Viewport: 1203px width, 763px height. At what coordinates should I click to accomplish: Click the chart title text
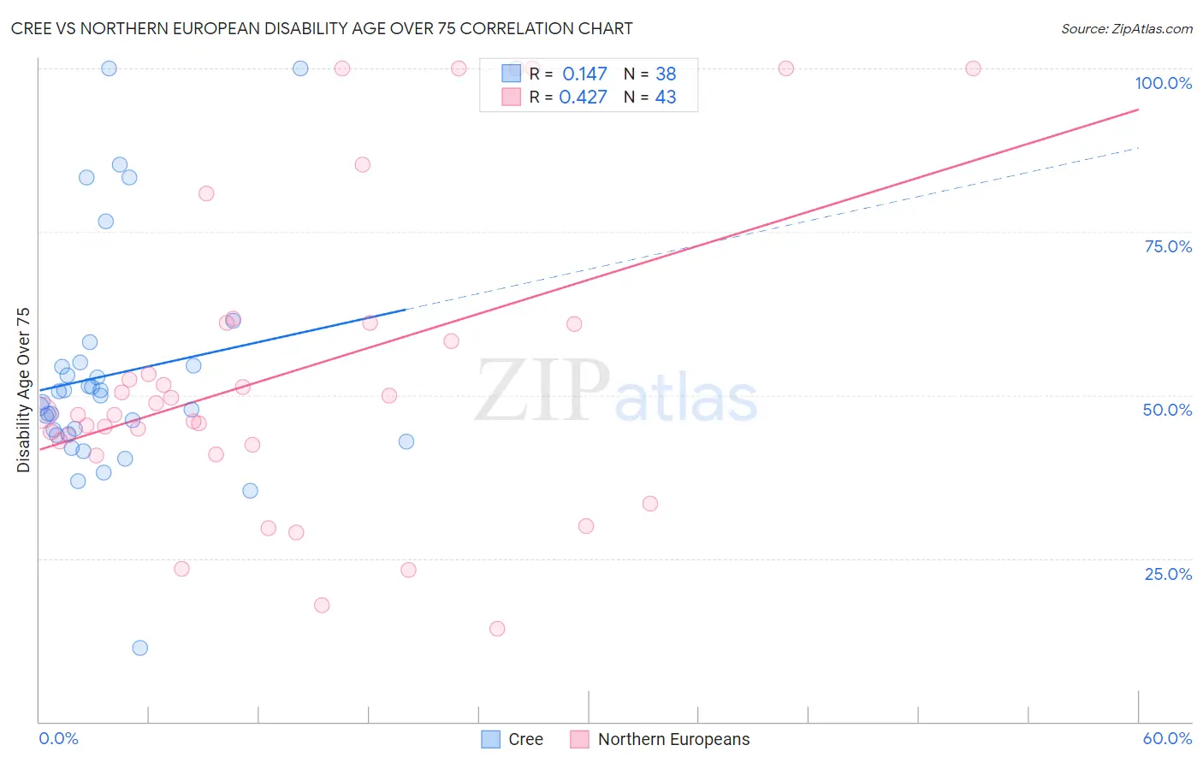322,28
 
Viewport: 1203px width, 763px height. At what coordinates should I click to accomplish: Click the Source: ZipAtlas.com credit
1126,29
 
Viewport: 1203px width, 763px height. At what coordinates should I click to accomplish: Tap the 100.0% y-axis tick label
1163,83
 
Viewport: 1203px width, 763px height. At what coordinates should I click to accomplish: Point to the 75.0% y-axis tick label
1168,246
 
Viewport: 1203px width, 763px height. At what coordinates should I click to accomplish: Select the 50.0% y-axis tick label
1167,410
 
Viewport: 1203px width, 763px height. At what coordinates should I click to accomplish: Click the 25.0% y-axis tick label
1168,573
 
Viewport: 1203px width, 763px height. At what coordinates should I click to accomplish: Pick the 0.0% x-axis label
58,738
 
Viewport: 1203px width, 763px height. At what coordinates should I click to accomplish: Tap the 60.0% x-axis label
1167,738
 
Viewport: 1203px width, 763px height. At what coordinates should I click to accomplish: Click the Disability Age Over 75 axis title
24,390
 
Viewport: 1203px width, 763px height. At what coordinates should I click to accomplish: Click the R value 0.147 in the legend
584,74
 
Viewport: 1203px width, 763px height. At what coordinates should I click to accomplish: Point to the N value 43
666,97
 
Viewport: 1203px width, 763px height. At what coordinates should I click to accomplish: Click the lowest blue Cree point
140,648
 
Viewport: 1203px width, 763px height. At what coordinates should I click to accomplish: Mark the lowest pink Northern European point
497,629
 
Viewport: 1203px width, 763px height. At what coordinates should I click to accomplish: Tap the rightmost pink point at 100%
973,68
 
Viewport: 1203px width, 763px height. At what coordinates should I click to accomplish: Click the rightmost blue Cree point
406,441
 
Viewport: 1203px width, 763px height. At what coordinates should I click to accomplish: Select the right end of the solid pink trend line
1138,109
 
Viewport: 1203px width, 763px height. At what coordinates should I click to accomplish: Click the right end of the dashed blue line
1138,148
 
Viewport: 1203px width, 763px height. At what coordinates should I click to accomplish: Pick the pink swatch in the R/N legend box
511,97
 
